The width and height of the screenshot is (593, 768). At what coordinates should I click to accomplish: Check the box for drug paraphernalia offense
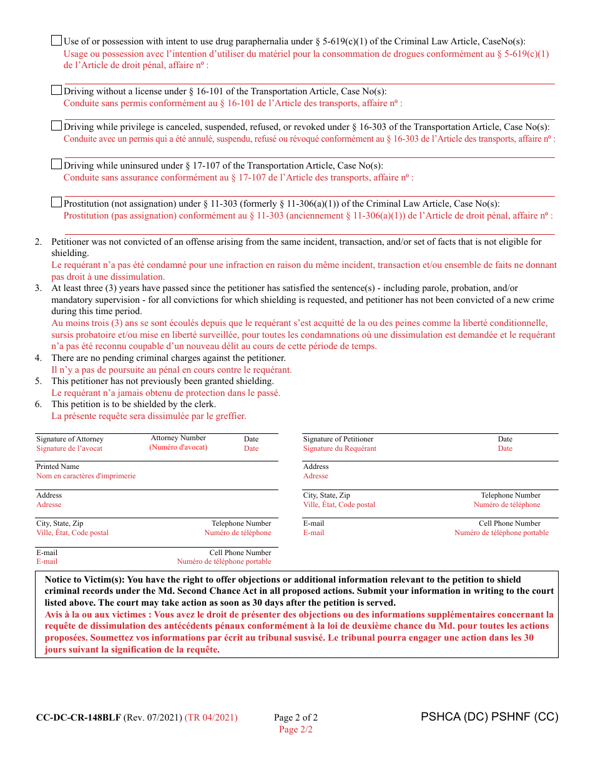pos(56,41)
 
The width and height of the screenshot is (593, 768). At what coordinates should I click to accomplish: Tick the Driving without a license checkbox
pos(56,90)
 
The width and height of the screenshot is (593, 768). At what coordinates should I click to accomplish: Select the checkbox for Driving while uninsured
pos(56,164)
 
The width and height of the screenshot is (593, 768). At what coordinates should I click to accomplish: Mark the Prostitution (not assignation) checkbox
pos(56,202)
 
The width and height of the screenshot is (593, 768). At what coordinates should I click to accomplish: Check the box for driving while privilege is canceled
pos(56,126)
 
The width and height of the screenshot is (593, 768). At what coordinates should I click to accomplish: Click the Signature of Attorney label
pos(70,440)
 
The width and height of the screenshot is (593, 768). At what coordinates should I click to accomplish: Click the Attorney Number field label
pos(178,438)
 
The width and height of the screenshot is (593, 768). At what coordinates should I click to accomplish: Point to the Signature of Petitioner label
pos(338,440)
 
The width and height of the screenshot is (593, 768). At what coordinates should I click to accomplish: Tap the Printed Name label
pos(57,466)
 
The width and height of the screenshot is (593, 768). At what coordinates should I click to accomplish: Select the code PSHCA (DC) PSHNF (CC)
pos(489,717)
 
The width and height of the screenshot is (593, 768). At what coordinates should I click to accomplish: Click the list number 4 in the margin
pos(38,358)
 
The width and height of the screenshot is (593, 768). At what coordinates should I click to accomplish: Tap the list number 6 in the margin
pos(38,404)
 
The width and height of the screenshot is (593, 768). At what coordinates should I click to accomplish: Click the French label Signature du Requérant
pos(340,449)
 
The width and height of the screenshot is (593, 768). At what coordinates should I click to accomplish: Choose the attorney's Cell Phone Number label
pos(240,553)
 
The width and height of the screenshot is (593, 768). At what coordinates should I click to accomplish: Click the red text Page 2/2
pos(296,729)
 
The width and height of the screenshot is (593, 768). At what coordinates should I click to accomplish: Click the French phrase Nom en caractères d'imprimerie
pos(86,476)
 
